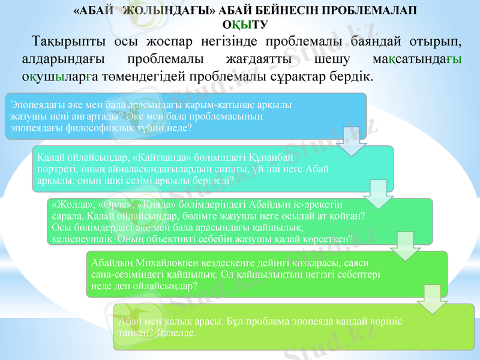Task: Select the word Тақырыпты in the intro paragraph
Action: pos(66,43)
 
